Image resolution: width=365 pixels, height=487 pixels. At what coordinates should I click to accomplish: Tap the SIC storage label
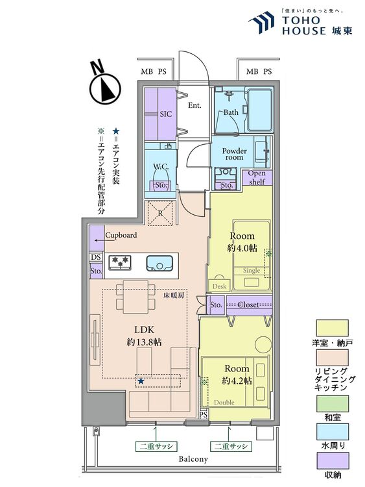(166, 114)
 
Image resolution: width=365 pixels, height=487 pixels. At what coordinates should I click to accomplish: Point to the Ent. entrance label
(194, 106)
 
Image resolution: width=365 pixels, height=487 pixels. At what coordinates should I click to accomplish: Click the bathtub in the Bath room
(260, 110)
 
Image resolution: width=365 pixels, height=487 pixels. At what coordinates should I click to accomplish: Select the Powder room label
(235, 154)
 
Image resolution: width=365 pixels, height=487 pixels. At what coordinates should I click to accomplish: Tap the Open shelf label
(257, 177)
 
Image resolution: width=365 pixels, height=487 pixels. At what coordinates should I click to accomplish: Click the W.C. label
(161, 166)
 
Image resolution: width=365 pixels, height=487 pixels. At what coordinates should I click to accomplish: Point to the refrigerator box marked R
(160, 213)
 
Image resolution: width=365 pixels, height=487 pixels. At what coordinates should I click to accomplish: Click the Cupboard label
(121, 235)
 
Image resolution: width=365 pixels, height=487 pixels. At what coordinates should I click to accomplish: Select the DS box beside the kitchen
(96, 257)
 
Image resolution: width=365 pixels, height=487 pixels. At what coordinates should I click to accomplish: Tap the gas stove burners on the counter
(120, 262)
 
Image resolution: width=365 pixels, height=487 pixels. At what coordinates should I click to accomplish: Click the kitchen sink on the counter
(159, 264)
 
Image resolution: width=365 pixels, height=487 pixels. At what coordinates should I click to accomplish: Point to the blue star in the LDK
(141, 381)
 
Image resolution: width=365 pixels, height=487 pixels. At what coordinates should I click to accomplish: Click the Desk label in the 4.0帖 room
(219, 286)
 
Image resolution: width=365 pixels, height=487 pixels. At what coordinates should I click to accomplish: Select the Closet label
(248, 305)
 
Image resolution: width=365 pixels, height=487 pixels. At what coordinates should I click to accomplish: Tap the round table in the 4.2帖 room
(263, 344)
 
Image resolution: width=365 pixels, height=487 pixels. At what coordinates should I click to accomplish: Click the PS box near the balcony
(204, 415)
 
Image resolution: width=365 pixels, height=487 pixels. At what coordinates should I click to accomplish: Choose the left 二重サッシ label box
(156, 446)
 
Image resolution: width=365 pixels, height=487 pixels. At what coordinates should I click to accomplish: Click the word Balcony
(193, 459)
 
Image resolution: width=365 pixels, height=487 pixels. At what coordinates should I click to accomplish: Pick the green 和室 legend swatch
(332, 403)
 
